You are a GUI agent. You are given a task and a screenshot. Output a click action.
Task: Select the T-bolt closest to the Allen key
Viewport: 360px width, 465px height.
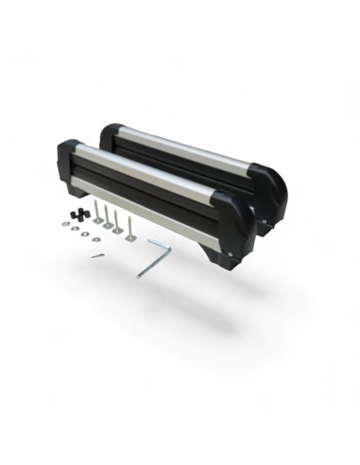click(x=129, y=226)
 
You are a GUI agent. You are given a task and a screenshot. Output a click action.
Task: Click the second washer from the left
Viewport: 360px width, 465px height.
click(x=75, y=228)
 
